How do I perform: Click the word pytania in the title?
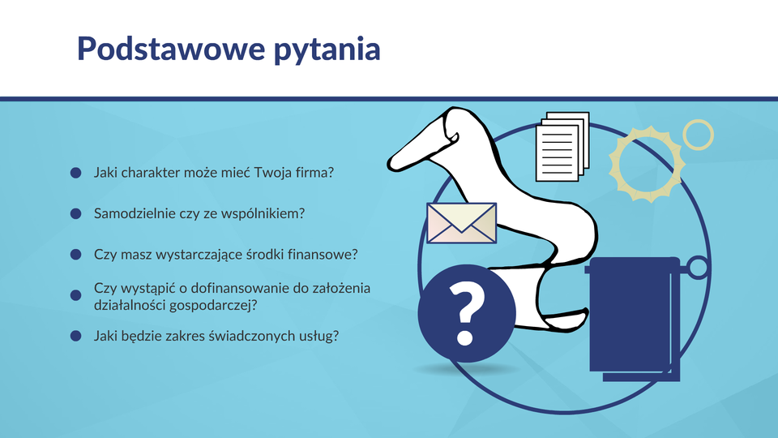pos(327,50)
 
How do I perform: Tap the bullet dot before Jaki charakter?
pos(76,173)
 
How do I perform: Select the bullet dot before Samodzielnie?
pos(76,213)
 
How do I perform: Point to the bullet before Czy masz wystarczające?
pos(76,254)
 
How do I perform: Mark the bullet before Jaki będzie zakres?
pos(76,336)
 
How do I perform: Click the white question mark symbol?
pos(465,314)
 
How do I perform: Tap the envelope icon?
pos(461,223)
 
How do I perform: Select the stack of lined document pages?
pos(562,147)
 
